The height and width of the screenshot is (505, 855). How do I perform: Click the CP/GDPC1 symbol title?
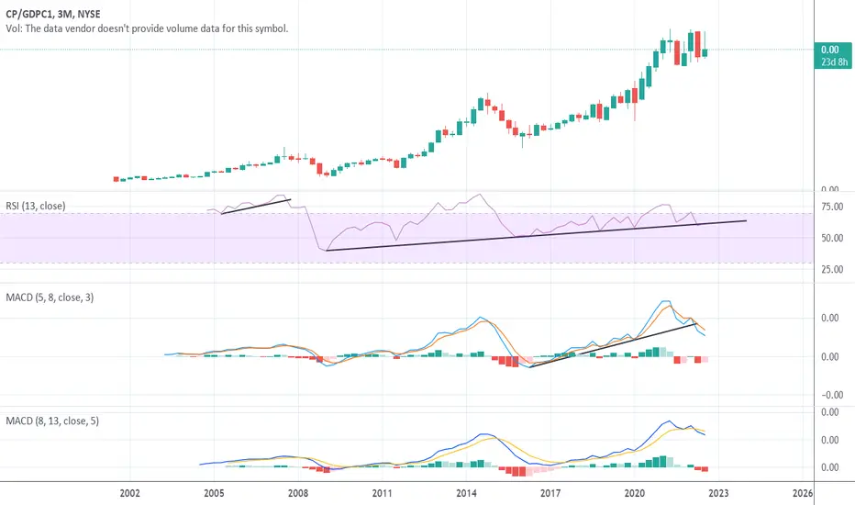[53, 14]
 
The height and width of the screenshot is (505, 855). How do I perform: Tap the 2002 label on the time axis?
[129, 493]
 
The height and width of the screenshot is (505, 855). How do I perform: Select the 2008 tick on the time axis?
[298, 493]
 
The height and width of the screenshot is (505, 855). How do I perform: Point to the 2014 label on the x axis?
[466, 493]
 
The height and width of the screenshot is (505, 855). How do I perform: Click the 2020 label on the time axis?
[634, 493]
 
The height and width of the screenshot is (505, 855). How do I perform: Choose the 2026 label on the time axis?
[802, 493]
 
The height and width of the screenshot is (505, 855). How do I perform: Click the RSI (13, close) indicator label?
[36, 206]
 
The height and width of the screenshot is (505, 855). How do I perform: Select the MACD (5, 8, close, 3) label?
[50, 297]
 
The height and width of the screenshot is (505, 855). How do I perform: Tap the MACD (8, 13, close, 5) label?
[52, 421]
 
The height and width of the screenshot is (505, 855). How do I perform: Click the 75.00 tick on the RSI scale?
[832, 207]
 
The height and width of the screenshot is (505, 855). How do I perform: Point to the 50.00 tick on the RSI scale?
[832, 238]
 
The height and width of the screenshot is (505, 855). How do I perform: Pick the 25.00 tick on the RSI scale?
[832, 269]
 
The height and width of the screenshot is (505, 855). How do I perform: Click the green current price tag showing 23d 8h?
[833, 56]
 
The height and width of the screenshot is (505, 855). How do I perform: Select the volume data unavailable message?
[147, 28]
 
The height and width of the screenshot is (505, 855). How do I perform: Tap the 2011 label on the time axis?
[382, 493]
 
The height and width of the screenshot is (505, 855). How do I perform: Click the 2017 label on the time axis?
[550, 493]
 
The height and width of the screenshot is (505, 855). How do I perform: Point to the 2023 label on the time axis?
[718, 493]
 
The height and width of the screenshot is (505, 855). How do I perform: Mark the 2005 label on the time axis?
[214, 493]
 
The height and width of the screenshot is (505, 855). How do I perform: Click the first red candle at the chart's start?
[117, 179]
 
